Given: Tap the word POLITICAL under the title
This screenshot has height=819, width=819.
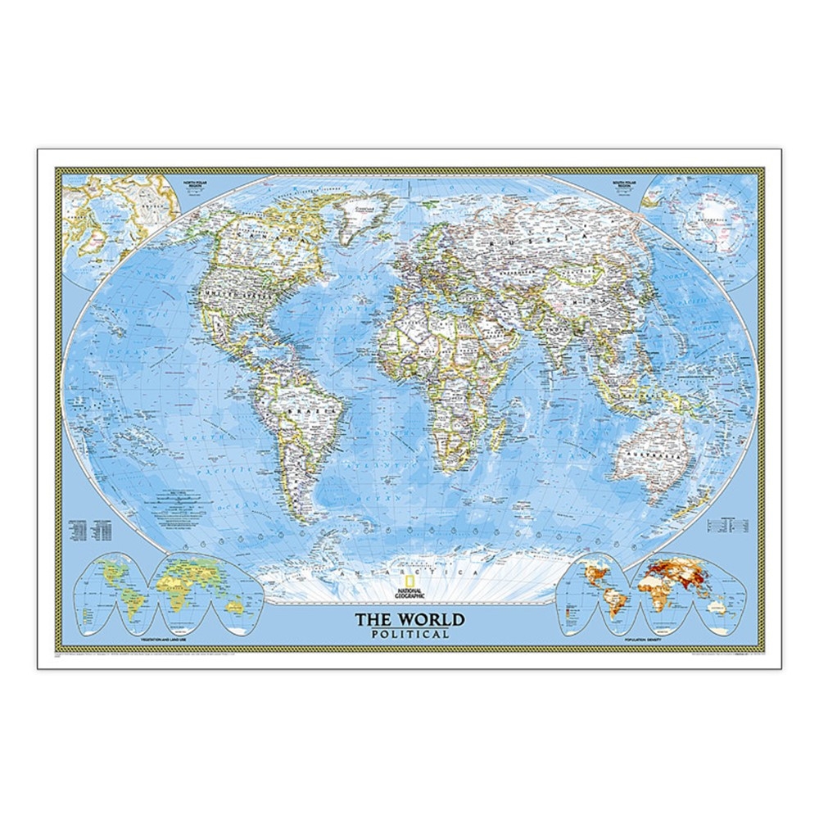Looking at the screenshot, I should pyautogui.click(x=409, y=634).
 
